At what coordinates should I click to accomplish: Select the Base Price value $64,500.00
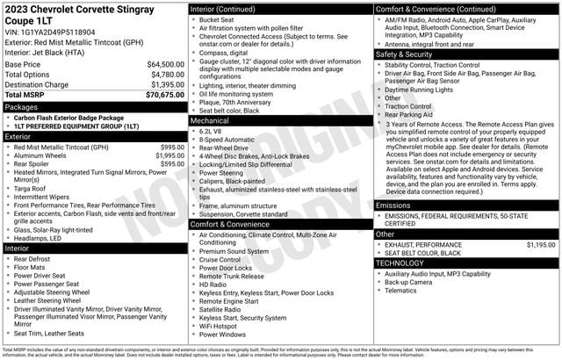164,64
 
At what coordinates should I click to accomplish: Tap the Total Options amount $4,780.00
166,75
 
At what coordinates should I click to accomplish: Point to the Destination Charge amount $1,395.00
166,85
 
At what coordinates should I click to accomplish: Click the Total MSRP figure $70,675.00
164,95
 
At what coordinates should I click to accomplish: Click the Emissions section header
393,205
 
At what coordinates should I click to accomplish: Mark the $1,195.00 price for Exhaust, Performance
539,245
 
